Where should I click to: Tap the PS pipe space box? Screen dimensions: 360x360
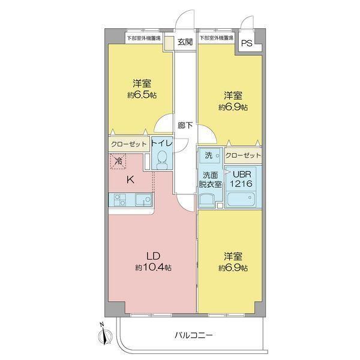[247, 43]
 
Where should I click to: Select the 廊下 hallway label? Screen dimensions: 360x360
[185, 125]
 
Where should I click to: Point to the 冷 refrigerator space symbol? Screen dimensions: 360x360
[119, 161]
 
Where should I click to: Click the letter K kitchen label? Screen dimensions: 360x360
[130, 179]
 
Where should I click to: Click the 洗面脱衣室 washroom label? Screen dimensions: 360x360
[211, 179]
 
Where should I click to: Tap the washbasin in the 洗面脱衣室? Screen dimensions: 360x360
[208, 200]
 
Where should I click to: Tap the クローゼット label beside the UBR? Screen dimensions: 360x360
[244, 155]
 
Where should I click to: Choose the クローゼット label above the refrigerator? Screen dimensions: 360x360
[128, 145]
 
